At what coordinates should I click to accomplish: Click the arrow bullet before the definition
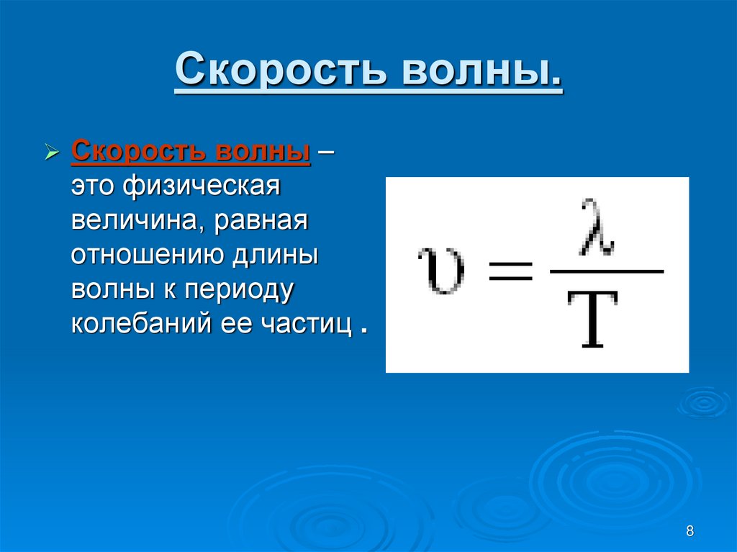[x=51, y=153]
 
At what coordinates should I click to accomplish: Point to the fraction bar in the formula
[x=606, y=272]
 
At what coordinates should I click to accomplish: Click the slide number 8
[x=690, y=531]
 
